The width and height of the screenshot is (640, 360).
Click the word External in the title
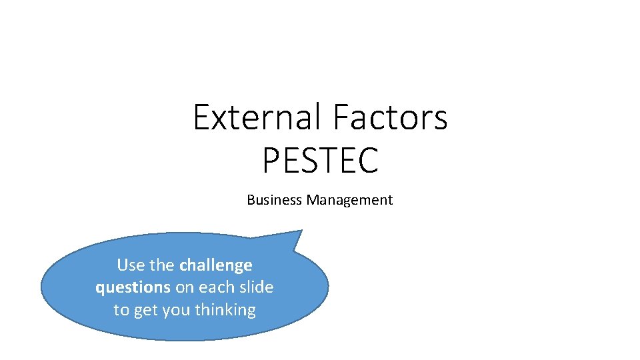(x=257, y=117)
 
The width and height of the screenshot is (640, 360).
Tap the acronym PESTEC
(x=320, y=161)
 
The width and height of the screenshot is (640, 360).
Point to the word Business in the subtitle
(x=275, y=200)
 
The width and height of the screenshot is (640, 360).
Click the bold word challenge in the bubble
(x=216, y=265)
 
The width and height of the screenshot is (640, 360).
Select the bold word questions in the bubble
(x=133, y=288)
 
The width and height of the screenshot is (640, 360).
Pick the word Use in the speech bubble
(x=130, y=265)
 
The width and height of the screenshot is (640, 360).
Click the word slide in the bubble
(x=255, y=287)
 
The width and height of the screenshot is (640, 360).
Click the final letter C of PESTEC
(x=368, y=161)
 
